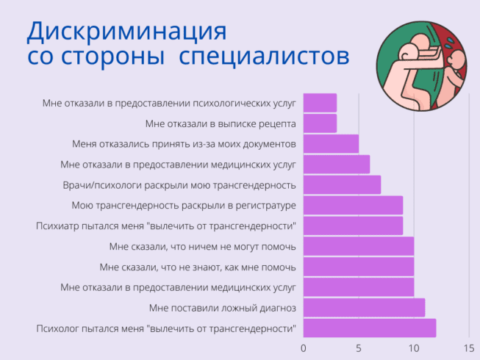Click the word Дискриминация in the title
pyautogui.click(x=126, y=32)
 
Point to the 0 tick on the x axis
pyautogui.click(x=304, y=348)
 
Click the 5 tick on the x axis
pyautogui.click(x=359, y=348)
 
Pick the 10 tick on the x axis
pyautogui.click(x=414, y=348)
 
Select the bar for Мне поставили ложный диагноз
pyautogui.click(x=364, y=307)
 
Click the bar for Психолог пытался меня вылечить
pyautogui.click(x=370, y=328)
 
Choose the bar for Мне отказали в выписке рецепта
pyautogui.click(x=320, y=123)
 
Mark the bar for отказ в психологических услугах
pyautogui.click(x=320, y=102)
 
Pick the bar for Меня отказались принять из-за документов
pyautogui.click(x=331, y=143)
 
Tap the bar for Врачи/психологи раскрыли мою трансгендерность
pyautogui.click(x=342, y=184)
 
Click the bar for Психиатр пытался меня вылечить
pyautogui.click(x=353, y=226)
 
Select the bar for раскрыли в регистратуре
pyautogui.click(x=353, y=205)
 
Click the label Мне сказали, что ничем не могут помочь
pyautogui.click(x=202, y=246)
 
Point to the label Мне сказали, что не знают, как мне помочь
pyautogui.click(x=198, y=266)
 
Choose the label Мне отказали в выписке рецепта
pyautogui.click(x=221, y=123)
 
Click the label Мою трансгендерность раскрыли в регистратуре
pyautogui.click(x=184, y=205)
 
